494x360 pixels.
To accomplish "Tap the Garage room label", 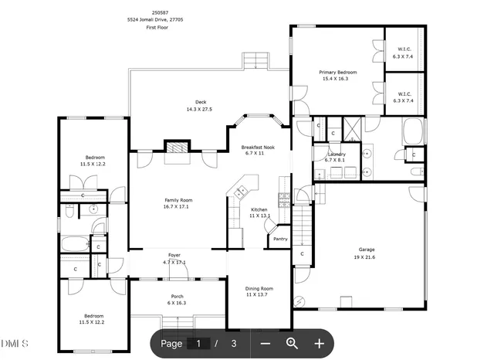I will [x=366, y=249].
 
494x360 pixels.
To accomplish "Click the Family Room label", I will [x=178, y=200].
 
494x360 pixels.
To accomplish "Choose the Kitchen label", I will [x=259, y=209].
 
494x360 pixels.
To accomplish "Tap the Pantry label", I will [x=280, y=239].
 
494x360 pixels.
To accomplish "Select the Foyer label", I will [x=174, y=256].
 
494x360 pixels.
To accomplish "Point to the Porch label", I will [x=177, y=297].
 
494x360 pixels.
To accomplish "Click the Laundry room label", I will [x=337, y=155].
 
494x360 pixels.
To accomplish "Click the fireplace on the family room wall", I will [x=178, y=148].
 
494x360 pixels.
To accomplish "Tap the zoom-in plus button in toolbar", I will [x=319, y=343].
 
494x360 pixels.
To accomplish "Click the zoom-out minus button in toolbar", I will [x=265, y=343].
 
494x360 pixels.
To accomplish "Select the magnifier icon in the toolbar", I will [x=292, y=343].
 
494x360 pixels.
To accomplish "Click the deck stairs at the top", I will [x=255, y=59].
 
